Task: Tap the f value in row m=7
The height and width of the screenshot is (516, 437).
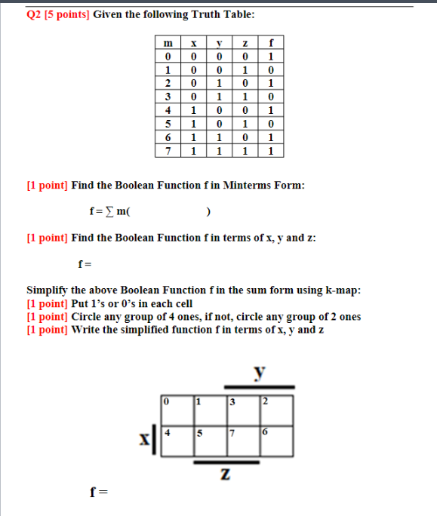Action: click(272, 151)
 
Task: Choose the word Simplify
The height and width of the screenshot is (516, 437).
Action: click(48, 290)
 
